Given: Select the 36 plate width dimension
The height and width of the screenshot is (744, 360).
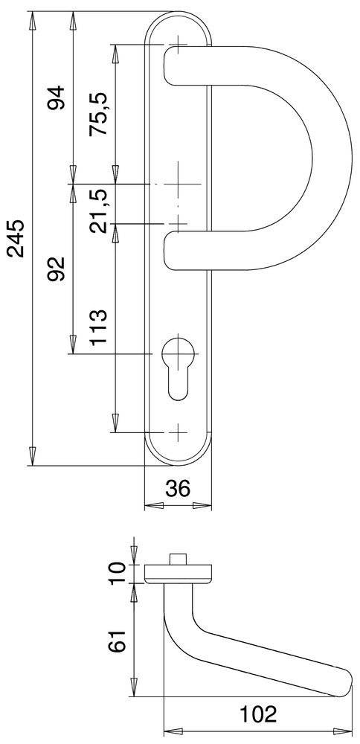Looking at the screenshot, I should click(177, 489).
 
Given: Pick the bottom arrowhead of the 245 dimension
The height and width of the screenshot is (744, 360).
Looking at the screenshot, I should click(33, 454).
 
